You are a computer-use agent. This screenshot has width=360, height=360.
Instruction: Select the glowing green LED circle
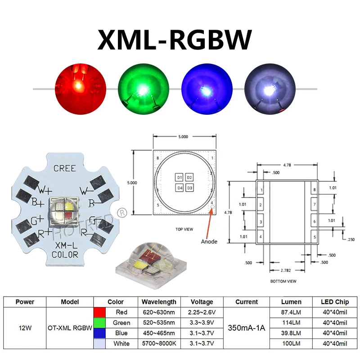144,88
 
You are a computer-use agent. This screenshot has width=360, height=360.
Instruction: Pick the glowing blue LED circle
207,88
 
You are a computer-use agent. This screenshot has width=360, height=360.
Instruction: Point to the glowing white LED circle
269,88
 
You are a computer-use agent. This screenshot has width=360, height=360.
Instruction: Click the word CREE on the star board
65,168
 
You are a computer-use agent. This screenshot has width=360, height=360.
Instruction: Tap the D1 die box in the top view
179,177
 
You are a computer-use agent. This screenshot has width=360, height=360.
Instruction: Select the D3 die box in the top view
189,188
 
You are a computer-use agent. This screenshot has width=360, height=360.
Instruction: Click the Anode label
208,242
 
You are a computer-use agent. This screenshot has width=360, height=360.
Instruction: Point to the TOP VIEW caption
184,229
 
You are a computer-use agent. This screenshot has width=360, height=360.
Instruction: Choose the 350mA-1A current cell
247,328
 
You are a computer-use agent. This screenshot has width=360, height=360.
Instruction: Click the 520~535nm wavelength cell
159,323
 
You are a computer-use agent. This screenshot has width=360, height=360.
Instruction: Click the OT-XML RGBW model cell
69,328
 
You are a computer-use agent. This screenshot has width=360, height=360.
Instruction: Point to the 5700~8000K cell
159,344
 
